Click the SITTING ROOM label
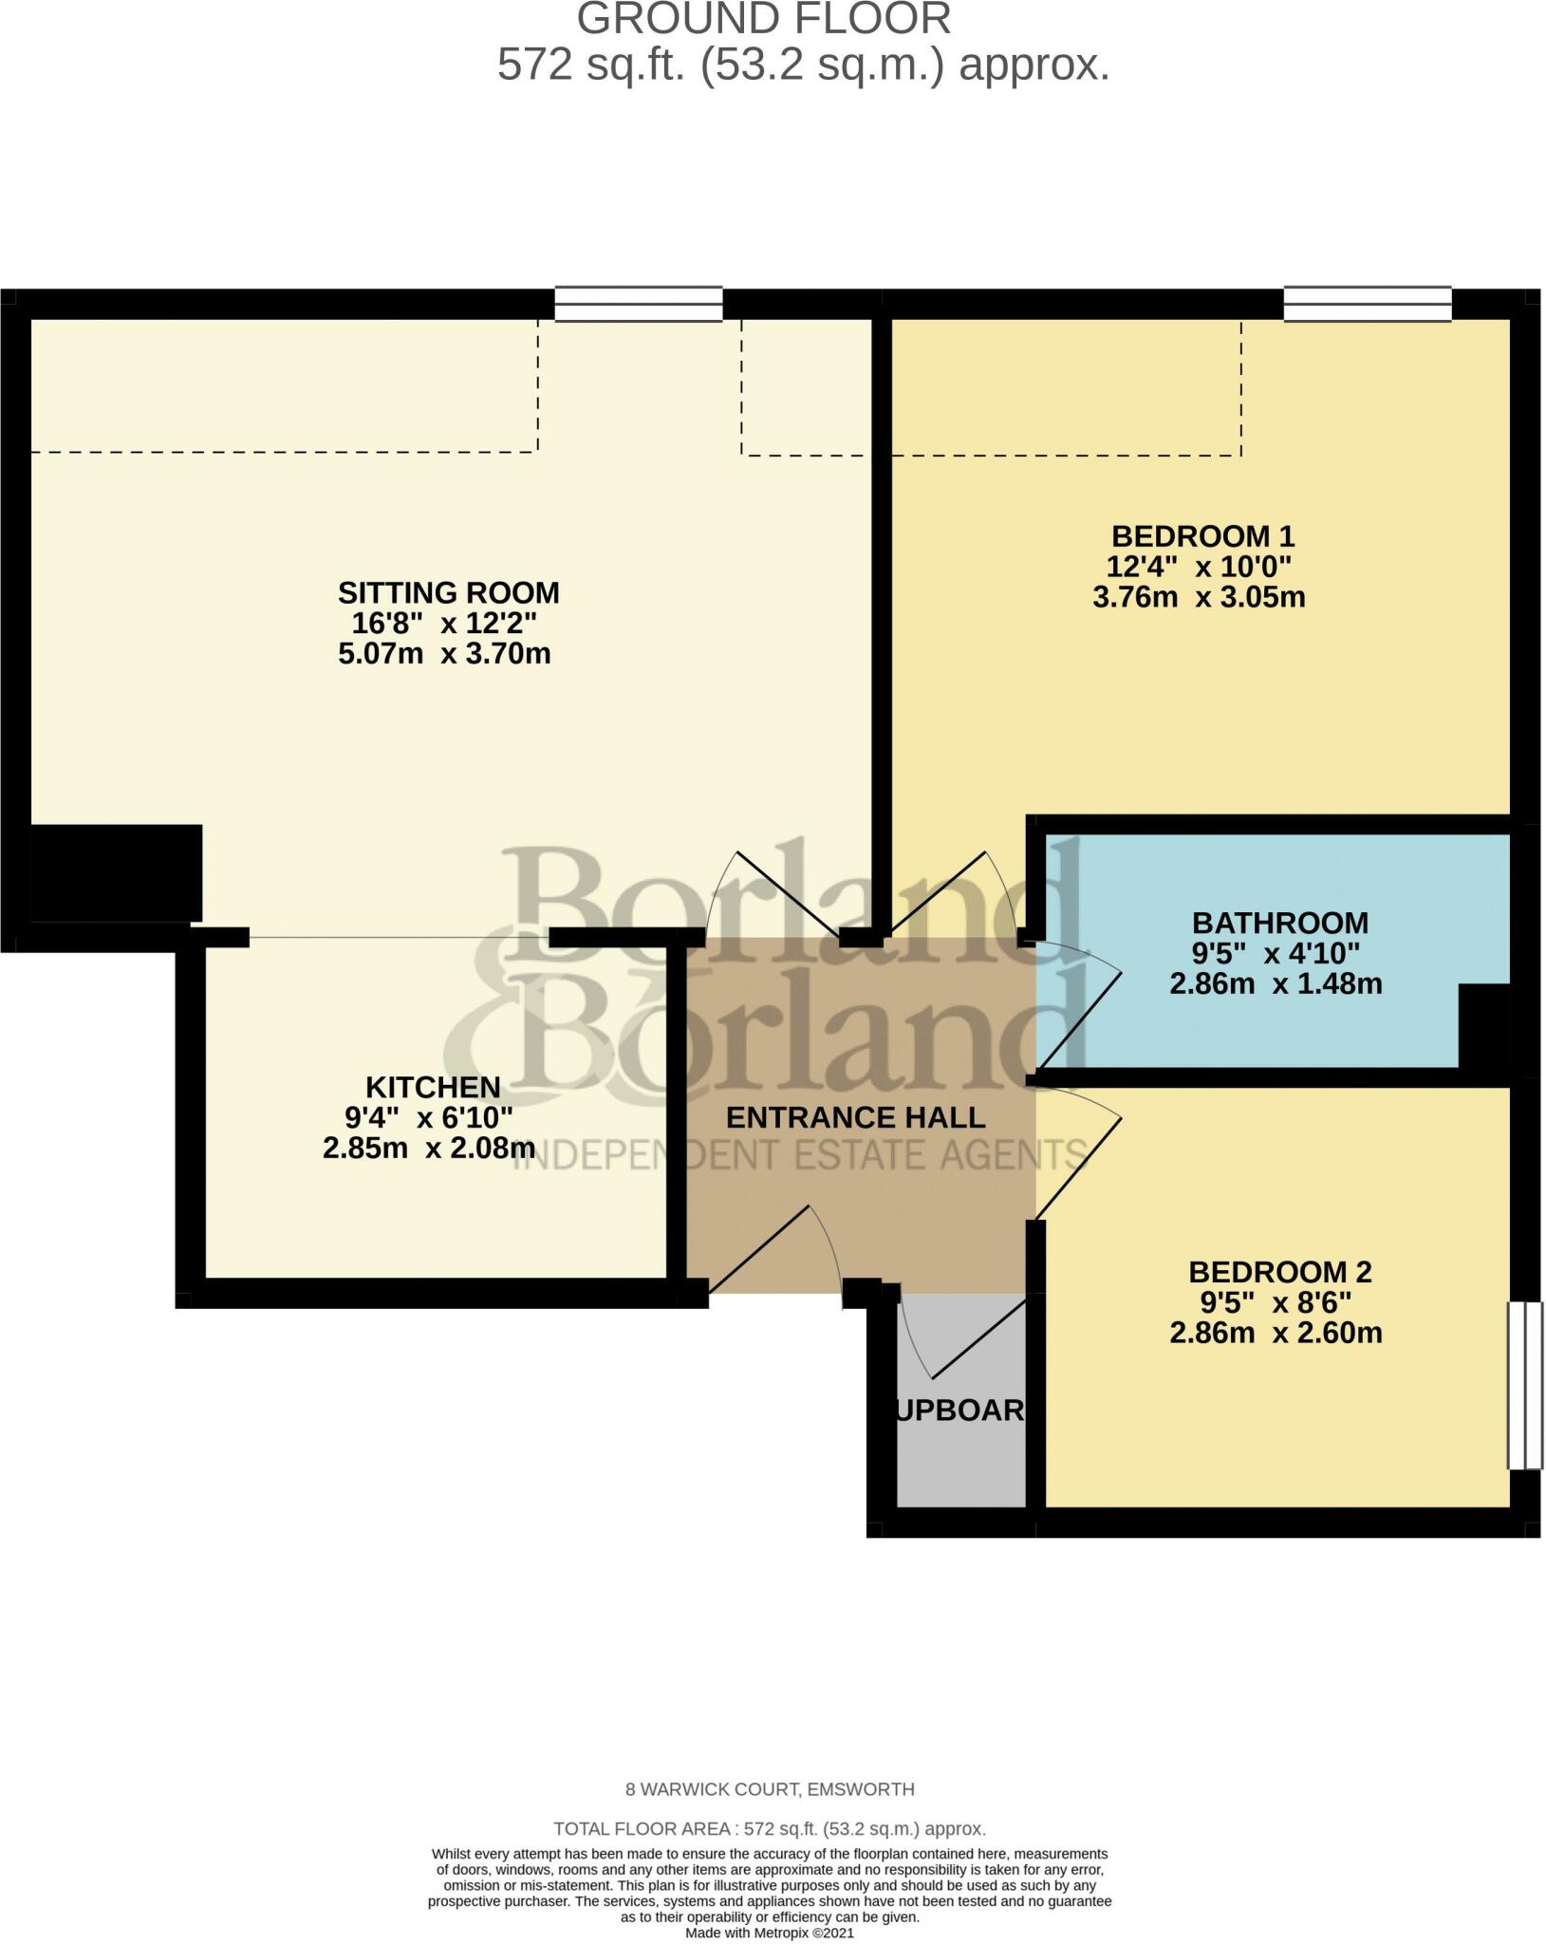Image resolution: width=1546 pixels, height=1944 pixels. point(448,593)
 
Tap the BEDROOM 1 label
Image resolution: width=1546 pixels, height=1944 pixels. point(1202,536)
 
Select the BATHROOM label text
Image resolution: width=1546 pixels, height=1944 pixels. point(1279,923)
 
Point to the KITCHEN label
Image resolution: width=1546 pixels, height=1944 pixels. point(433,1087)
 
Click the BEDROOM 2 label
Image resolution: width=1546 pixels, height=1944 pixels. point(1279,1272)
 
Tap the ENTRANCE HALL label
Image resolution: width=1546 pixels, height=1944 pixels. point(855,1117)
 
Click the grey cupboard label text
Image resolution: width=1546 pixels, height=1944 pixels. point(960,1411)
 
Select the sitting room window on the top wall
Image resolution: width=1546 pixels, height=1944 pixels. point(638,305)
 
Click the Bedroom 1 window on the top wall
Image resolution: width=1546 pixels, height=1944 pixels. point(1367,305)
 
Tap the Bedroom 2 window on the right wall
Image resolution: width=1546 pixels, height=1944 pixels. point(1524,1385)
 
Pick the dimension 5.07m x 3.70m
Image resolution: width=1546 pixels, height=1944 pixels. point(444,654)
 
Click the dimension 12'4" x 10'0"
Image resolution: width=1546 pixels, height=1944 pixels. point(1200,567)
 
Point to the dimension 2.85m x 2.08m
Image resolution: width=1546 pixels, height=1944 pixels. point(429,1149)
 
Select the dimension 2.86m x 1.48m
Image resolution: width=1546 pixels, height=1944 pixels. point(1276,983)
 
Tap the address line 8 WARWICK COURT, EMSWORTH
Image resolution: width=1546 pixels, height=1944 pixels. point(770,1790)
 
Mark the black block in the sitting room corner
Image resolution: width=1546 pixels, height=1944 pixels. point(116,872)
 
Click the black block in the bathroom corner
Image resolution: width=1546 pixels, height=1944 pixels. point(1483,1025)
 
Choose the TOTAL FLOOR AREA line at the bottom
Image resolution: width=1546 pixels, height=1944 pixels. point(770,1828)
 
